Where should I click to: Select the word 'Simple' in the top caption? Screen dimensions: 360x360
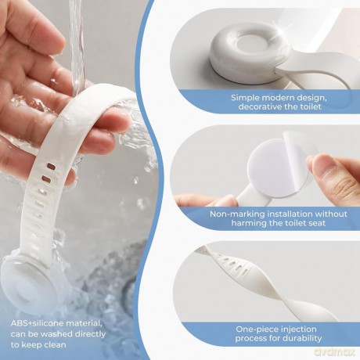pyautogui.click(x=245, y=98)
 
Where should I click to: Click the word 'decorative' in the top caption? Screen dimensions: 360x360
pyautogui.click(x=259, y=106)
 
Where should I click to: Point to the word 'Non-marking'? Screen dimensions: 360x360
pyautogui.click(x=235, y=214)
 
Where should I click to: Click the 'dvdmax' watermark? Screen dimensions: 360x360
pyautogui.click(x=335, y=351)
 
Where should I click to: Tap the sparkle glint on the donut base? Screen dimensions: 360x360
pyautogui.click(x=283, y=32)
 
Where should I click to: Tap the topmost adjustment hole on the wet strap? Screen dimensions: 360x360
pyautogui.click(x=51, y=166)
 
